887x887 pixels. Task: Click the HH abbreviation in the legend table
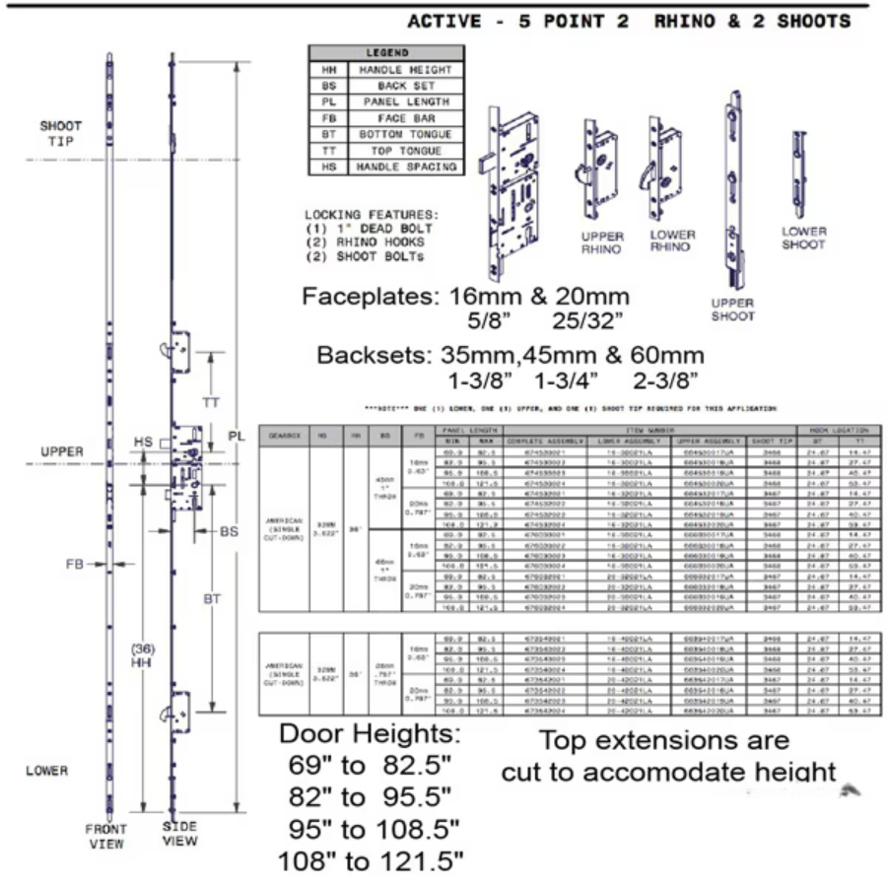(x=327, y=70)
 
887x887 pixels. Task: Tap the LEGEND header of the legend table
(x=385, y=53)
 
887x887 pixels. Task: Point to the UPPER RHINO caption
(x=601, y=242)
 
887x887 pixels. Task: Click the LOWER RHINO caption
(x=672, y=240)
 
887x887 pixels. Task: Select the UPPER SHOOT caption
(x=732, y=309)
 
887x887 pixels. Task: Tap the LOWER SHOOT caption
(x=803, y=238)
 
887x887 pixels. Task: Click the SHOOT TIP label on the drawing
(x=61, y=133)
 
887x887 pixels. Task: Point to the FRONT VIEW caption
(x=104, y=836)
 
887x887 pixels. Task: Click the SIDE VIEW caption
(x=179, y=833)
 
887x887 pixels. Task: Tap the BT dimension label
(x=212, y=598)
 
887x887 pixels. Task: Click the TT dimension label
(x=211, y=403)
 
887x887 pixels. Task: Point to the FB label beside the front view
(x=75, y=565)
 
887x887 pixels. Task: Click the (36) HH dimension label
(x=145, y=656)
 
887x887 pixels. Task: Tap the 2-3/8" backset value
(x=667, y=379)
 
